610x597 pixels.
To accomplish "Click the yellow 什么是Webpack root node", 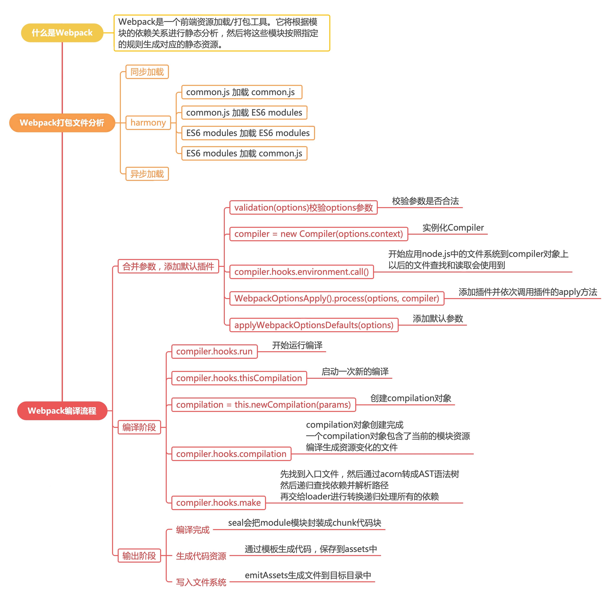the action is point(62,33).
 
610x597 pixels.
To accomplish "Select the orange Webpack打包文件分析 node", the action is point(62,123).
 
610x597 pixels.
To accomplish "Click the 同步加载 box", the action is point(147,72).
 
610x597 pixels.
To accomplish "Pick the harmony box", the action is point(148,122).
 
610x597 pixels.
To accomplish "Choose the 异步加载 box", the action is point(147,174).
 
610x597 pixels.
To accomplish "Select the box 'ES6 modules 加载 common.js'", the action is point(244,153).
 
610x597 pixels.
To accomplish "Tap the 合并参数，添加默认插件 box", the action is point(168,266).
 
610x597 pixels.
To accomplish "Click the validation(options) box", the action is point(303,207).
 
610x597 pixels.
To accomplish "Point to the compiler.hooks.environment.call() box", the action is point(302,272).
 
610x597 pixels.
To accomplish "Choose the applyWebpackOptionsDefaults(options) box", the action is point(314,325).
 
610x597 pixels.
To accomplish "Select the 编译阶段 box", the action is point(139,427).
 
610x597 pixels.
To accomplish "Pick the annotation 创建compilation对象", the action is point(410,398).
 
